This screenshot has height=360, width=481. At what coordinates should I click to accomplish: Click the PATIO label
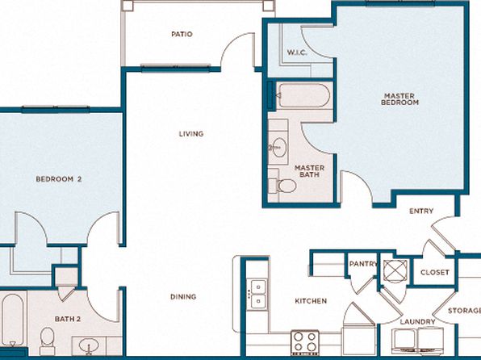[182, 34]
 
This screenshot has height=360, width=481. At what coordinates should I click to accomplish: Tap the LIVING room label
[191, 134]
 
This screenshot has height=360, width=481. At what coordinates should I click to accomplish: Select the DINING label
[183, 297]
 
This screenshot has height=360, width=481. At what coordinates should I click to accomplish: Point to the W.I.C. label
[297, 52]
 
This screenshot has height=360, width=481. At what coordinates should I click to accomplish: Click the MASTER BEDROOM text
[399, 99]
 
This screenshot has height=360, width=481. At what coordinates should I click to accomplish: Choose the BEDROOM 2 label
[59, 179]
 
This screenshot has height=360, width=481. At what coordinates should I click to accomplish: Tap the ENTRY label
[421, 211]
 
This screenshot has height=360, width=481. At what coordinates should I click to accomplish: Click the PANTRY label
[363, 264]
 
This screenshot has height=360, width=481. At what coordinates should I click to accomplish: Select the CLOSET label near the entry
[435, 272]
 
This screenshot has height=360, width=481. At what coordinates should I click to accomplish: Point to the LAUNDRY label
[417, 321]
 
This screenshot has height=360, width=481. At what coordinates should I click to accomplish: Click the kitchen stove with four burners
[305, 342]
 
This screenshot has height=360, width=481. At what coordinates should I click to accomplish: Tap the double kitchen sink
[257, 295]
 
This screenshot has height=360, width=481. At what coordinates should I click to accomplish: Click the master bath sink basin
[279, 148]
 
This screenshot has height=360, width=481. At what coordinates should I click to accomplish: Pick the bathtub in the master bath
[303, 95]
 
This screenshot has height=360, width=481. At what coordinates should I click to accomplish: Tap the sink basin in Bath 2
[89, 345]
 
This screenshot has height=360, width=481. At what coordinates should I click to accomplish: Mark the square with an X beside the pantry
[395, 270]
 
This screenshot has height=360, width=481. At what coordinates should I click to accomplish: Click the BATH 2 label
[68, 319]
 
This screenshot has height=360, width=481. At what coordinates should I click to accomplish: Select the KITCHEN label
[311, 301]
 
